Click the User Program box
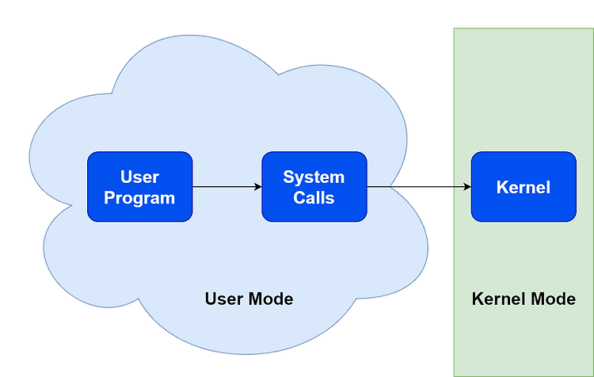click(x=139, y=187)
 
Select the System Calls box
click(x=314, y=187)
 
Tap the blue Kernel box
click(x=524, y=187)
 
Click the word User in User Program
click(x=139, y=177)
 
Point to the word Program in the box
click(x=139, y=198)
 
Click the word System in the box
click(x=314, y=177)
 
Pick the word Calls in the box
click(x=314, y=198)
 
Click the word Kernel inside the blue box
click(x=524, y=187)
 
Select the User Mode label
click(x=249, y=299)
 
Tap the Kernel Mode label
click(x=524, y=299)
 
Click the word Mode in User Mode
click(x=271, y=299)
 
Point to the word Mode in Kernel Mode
click(x=553, y=299)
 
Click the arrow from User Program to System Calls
click(x=227, y=186)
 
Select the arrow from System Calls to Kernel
click(x=419, y=186)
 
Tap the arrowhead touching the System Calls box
click(x=258, y=186)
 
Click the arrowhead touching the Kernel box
click(x=467, y=186)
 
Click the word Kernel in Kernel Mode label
click(x=499, y=299)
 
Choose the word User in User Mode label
click(x=224, y=299)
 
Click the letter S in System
click(x=288, y=177)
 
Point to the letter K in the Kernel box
click(x=502, y=187)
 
